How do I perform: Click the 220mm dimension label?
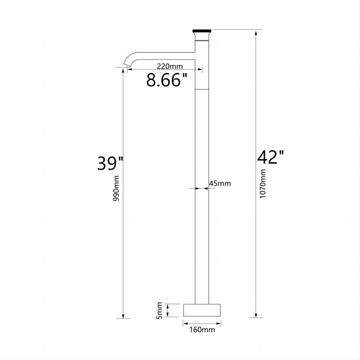coord(170,66)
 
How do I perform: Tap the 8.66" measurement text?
coord(167,80)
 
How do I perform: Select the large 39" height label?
coord(110,163)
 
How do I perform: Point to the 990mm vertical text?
coord(117,188)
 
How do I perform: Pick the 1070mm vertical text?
coord(262,184)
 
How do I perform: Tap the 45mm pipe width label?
coord(220,184)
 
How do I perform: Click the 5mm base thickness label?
coord(160,310)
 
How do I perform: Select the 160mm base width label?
coord(202,330)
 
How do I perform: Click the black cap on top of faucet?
coord(202,31)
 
